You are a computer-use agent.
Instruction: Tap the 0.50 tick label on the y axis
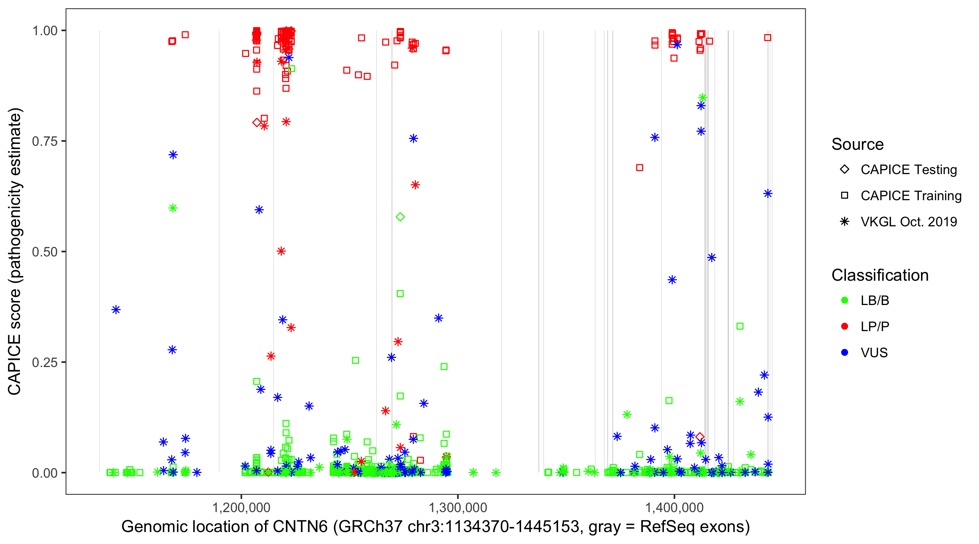click(45, 252)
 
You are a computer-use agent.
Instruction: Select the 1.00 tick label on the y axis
click(45, 30)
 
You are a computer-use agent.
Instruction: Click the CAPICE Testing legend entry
click(908, 170)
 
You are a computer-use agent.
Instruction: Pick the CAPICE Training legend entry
click(910, 195)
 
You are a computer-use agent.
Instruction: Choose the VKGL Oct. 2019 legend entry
click(908, 222)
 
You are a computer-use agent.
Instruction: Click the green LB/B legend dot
click(844, 300)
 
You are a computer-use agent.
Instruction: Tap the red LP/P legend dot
click(844, 326)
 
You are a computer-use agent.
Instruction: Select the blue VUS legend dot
click(844, 353)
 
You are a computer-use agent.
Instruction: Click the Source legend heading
click(858, 144)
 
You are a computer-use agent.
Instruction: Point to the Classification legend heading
click(880, 275)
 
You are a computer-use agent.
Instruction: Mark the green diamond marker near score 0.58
click(400, 217)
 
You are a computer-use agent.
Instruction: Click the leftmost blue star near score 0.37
click(116, 309)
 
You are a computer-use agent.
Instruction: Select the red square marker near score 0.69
click(640, 168)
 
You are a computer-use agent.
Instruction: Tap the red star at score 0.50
click(281, 251)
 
